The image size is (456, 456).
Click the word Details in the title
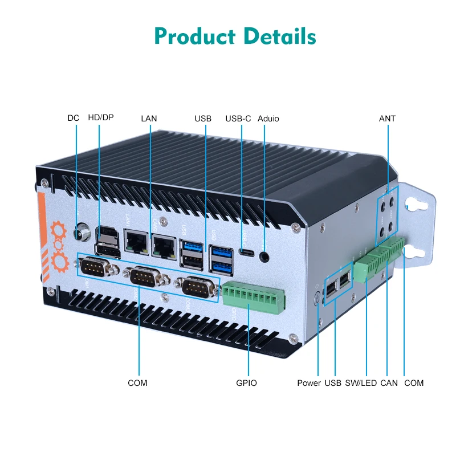click(x=280, y=36)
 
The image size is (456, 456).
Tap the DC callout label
click(x=74, y=119)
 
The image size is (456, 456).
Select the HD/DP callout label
click(x=100, y=119)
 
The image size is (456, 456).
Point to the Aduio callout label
click(x=268, y=119)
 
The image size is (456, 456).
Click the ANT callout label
click(x=387, y=119)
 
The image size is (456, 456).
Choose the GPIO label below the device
click(x=246, y=383)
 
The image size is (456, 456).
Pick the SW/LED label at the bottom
click(x=361, y=383)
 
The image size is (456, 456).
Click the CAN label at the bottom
click(x=389, y=383)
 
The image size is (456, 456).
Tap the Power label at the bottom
click(x=309, y=383)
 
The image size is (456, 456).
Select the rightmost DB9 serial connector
click(x=197, y=287)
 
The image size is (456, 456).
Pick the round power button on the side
click(x=317, y=296)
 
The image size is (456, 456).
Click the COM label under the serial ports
click(x=137, y=383)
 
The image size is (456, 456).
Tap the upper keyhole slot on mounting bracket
click(x=412, y=203)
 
